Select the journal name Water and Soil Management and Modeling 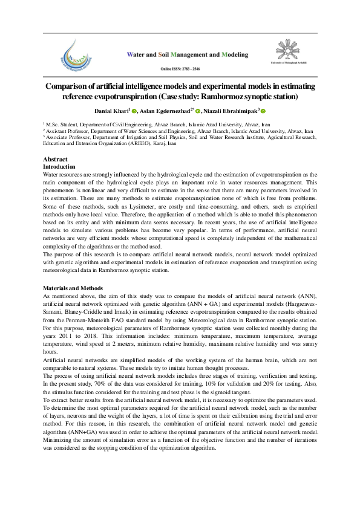pos(186,54)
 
